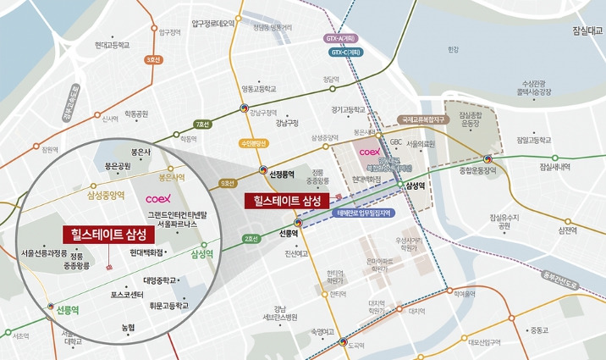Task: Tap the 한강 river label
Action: (453, 49)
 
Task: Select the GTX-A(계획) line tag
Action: (339, 38)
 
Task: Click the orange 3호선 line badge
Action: (153, 60)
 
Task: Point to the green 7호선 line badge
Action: (203, 125)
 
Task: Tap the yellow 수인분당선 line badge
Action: (255, 143)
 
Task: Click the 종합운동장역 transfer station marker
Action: (488, 158)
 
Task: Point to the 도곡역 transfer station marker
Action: (344, 342)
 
